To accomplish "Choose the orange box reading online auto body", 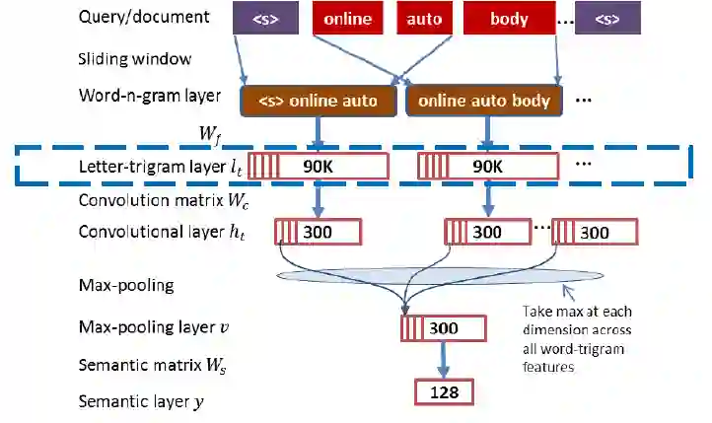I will [484, 101].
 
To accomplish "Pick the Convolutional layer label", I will [159, 233].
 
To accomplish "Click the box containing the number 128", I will [444, 392].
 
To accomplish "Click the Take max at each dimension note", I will [576, 338].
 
